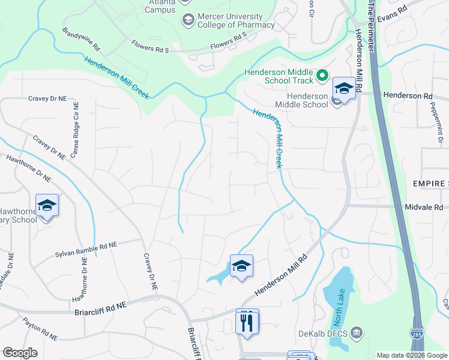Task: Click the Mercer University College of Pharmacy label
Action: pos(231,20)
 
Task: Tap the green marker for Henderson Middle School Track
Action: pos(322,75)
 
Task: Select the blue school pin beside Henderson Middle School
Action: pos(344,89)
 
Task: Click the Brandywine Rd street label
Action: pos(81,38)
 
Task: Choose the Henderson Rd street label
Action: pos(408,95)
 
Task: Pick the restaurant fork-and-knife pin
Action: pos(247,322)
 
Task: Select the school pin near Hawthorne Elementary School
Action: pos(47,206)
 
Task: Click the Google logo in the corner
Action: pos(20,352)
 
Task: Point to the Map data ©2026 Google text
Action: pos(411,355)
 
